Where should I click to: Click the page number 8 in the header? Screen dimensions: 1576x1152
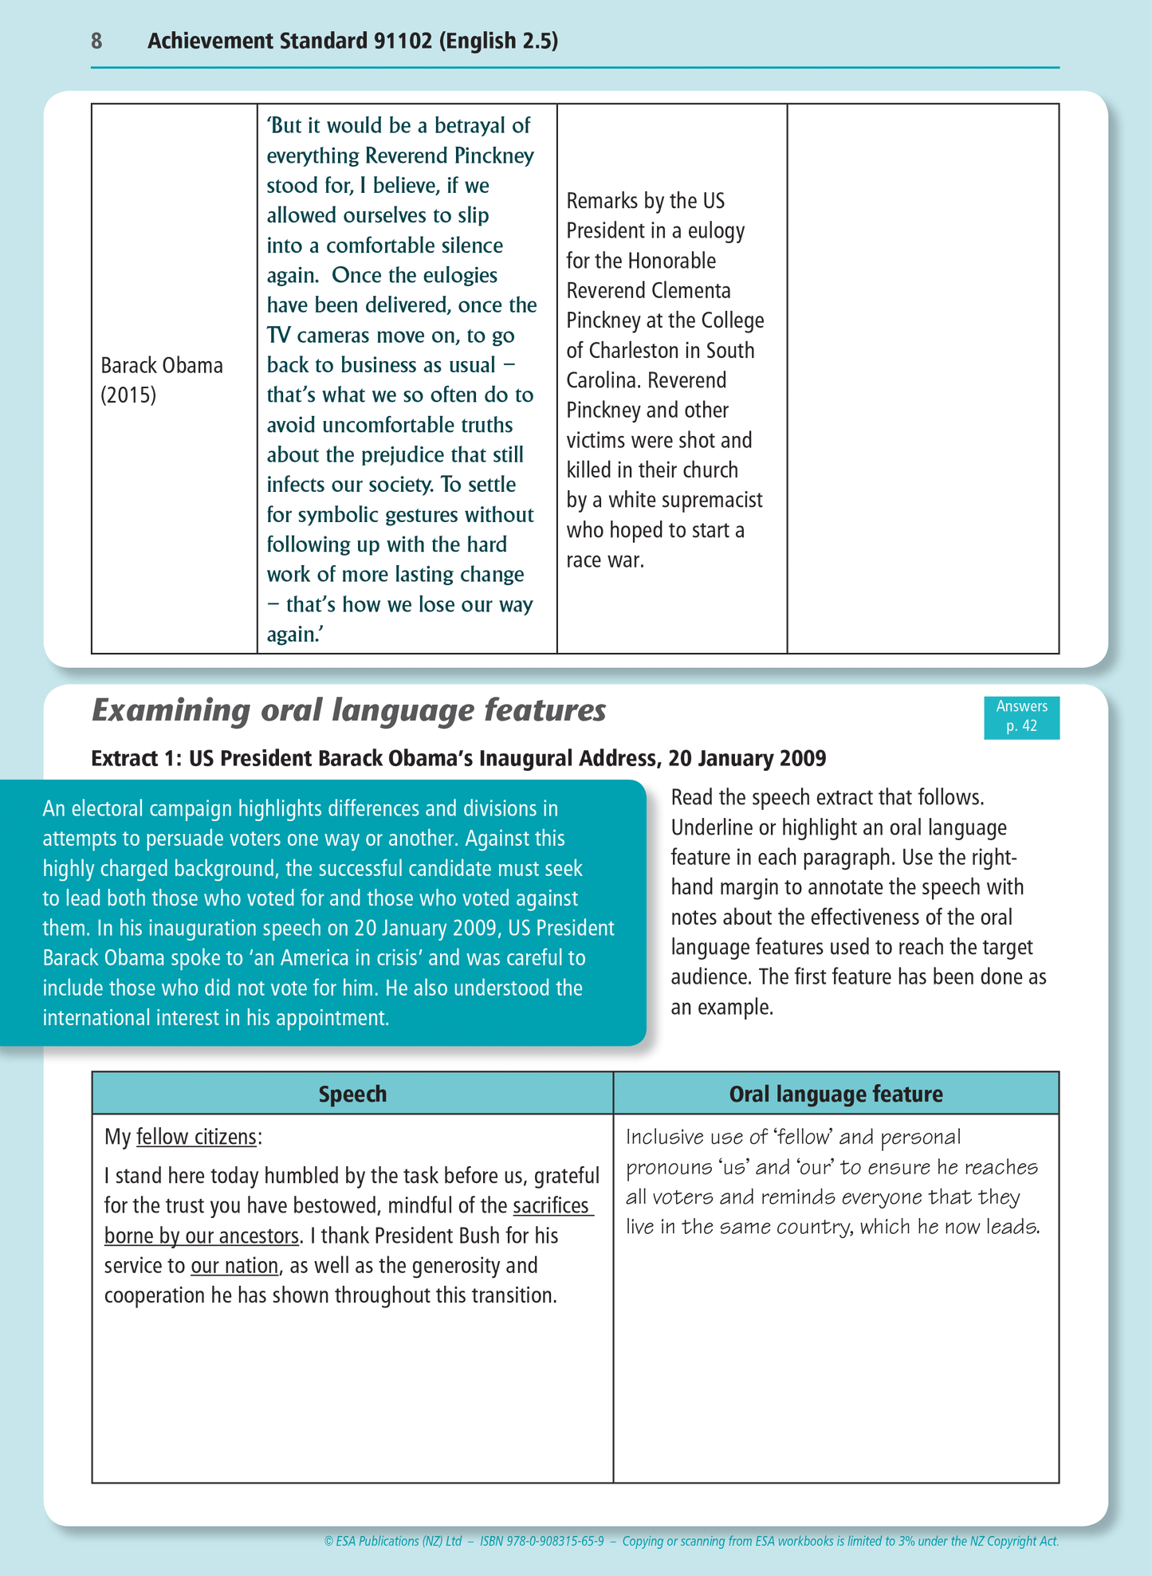[x=96, y=41]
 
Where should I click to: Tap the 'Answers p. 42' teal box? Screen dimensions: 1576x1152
[x=1021, y=717]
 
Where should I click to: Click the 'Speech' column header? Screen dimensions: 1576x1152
[x=352, y=1094]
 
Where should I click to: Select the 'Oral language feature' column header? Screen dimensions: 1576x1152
[x=835, y=1094]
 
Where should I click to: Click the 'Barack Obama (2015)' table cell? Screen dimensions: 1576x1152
[x=162, y=380]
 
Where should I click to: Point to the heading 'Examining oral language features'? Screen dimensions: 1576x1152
[x=349, y=710]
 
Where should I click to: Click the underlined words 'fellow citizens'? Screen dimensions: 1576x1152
[x=196, y=1137]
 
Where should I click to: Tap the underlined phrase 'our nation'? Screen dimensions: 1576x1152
[x=234, y=1266]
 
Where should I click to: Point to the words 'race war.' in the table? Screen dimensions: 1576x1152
[x=605, y=560]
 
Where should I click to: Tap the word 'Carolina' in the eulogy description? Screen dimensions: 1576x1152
[x=601, y=381]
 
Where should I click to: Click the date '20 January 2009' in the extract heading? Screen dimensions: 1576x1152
[x=747, y=758]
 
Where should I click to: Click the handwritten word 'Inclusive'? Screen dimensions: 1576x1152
[x=665, y=1138]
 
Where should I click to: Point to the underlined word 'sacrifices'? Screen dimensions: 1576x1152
[x=551, y=1205]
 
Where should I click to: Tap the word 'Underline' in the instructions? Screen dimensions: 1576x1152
[x=711, y=828]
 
